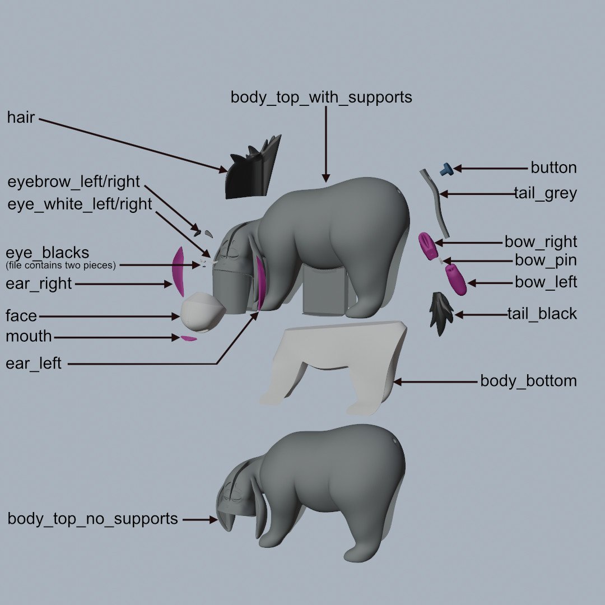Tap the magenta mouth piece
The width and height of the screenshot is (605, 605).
[189, 338]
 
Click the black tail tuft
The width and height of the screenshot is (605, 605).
[441, 314]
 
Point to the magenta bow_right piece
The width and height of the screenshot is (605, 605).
[428, 245]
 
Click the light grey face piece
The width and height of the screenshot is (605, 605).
[202, 312]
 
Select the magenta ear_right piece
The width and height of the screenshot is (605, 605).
[178, 271]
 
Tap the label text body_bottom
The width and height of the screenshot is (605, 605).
[528, 381]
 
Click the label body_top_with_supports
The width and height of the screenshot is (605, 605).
[321, 97]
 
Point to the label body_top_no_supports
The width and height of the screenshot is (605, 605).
[92, 519]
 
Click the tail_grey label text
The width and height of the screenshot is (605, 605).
[545, 194]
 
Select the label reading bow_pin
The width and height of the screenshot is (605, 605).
[545, 260]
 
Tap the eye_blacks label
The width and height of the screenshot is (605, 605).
[48, 252]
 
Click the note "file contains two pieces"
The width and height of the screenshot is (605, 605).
[61, 265]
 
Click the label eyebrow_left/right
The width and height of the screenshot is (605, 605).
[73, 182]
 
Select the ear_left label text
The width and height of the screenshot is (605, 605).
[34, 364]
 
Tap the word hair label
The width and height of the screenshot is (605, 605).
[21, 118]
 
